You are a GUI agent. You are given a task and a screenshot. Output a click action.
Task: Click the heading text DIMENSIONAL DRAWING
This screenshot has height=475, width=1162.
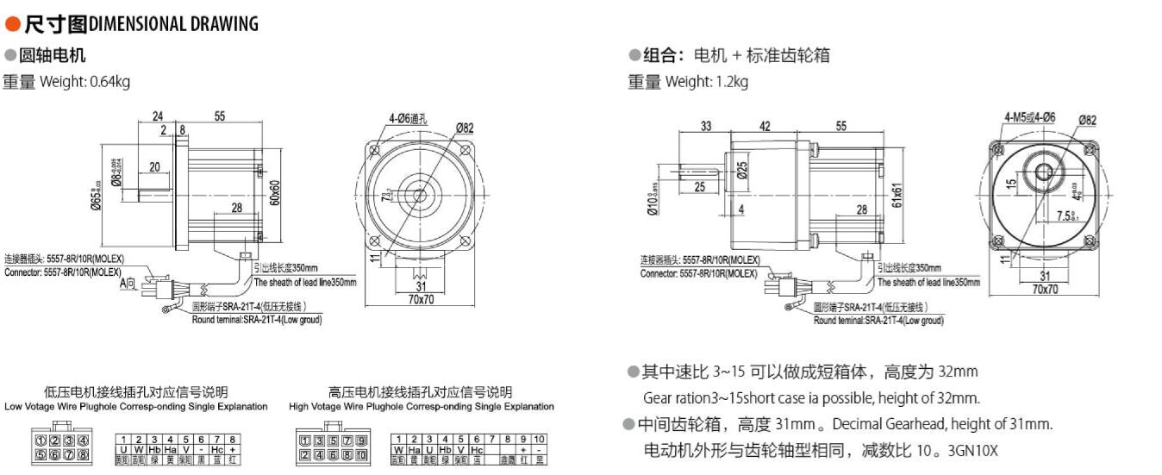click(x=173, y=24)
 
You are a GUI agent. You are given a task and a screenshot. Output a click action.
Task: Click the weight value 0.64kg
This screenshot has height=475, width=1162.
click(x=109, y=82)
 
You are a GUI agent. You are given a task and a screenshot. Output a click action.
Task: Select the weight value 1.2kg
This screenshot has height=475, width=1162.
click(x=730, y=82)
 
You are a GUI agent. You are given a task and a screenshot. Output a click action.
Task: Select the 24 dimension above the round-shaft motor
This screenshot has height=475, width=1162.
click(x=158, y=116)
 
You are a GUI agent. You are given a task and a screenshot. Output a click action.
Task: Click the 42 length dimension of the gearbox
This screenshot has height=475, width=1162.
click(x=765, y=126)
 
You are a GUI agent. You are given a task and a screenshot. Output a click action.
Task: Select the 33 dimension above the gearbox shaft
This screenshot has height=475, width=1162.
click(x=706, y=126)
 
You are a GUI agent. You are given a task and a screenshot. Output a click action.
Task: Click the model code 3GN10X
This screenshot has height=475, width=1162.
click(x=972, y=449)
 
